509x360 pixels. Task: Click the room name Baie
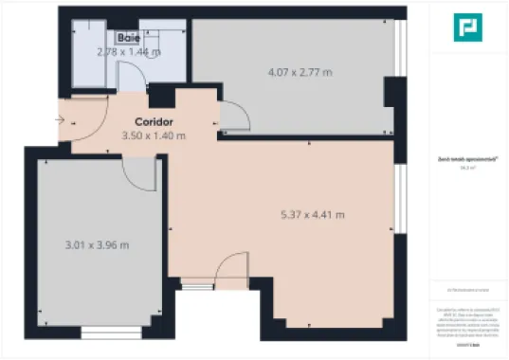[x=129, y=38]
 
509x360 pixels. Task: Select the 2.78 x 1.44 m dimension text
[x=129, y=51]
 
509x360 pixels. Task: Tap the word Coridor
[x=153, y=122]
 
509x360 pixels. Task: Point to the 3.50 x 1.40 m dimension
[x=154, y=135]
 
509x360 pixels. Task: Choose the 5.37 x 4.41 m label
[x=312, y=214]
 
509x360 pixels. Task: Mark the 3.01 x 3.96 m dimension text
[x=97, y=244]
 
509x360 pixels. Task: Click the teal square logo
[x=464, y=28]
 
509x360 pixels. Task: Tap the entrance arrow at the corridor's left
[x=60, y=120]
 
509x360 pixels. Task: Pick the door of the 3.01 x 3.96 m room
[x=141, y=171]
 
